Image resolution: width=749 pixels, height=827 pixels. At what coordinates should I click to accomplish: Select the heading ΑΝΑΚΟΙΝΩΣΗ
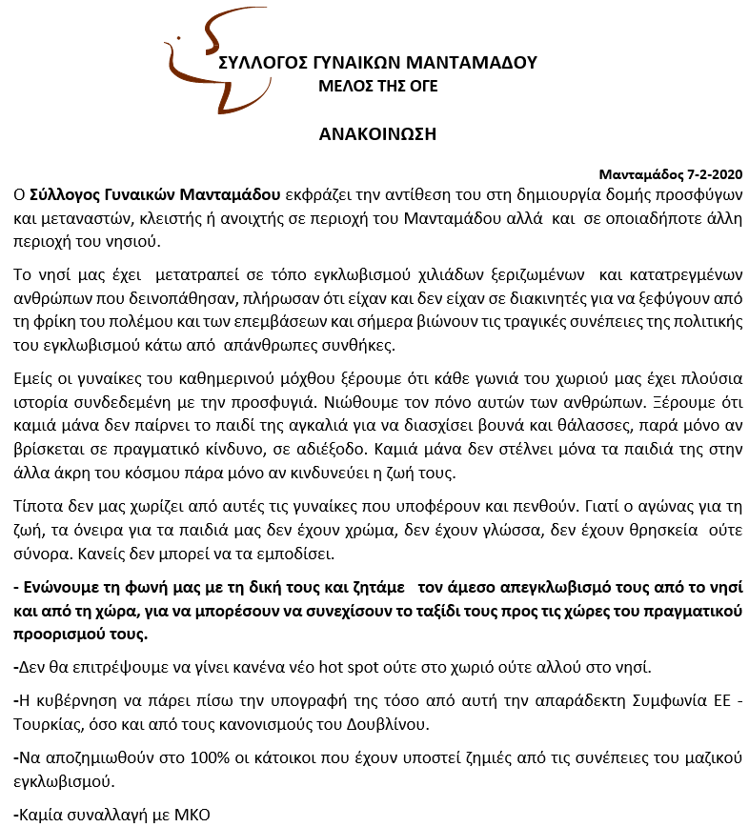click(x=377, y=133)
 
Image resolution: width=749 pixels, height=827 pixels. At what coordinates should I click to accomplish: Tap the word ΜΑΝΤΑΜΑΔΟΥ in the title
click(x=472, y=64)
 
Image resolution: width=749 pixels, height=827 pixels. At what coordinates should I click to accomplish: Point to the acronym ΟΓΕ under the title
click(x=421, y=87)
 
